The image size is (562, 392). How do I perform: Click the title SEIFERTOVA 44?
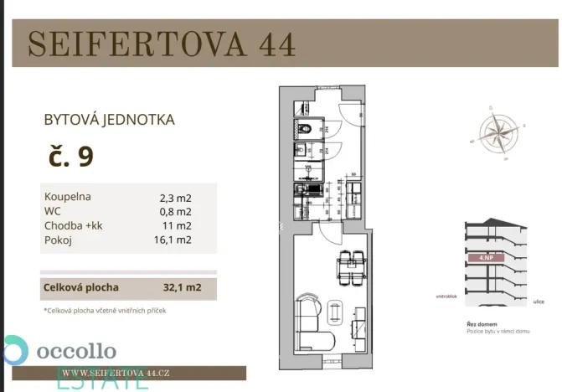[x=162, y=44]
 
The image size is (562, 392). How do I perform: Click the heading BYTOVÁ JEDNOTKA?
[x=109, y=120]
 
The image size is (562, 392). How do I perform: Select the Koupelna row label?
[x=68, y=197]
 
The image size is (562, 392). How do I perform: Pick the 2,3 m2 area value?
[x=176, y=199]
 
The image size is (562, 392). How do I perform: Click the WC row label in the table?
[x=53, y=211]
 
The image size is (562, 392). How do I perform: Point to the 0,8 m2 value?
[x=176, y=212]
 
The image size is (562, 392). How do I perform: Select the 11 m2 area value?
[x=178, y=226]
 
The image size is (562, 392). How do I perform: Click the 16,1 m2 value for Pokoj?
[x=176, y=240]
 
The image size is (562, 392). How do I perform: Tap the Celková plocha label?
[x=80, y=287]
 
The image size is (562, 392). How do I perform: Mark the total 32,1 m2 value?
[x=181, y=287]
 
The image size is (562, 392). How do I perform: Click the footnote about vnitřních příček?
[x=105, y=310]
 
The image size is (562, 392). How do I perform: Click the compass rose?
[x=499, y=133]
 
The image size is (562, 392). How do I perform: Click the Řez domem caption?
[x=481, y=323]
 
